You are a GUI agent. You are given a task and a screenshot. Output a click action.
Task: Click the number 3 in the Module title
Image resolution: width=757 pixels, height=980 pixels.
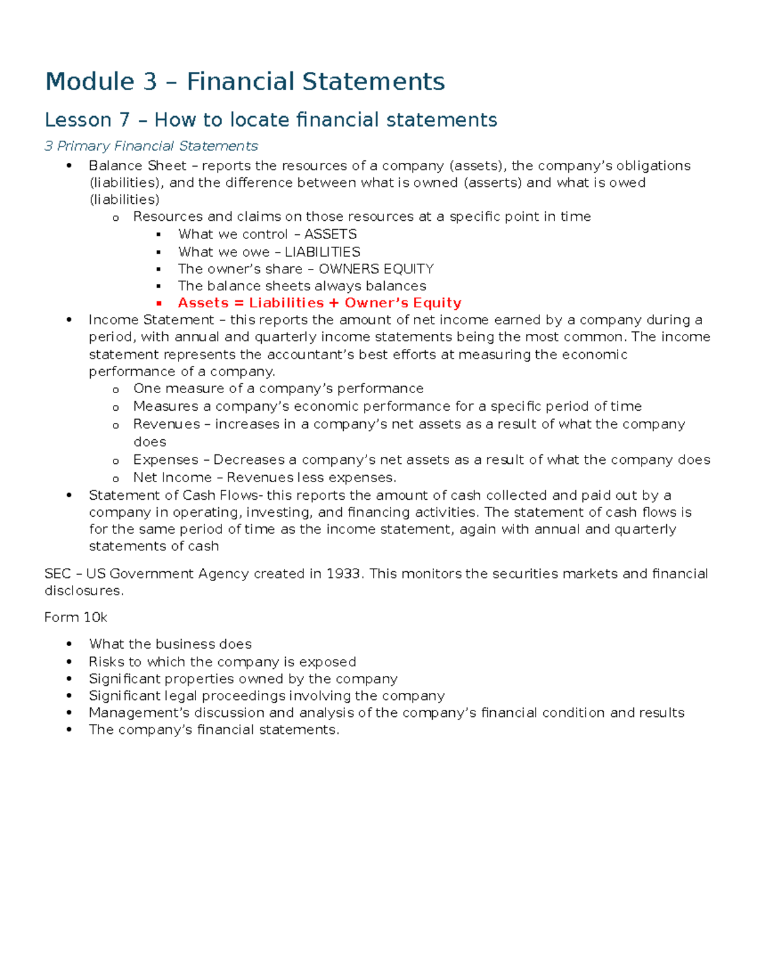click(150, 82)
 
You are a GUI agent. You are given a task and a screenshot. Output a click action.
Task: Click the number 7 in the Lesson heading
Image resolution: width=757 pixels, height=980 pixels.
click(124, 120)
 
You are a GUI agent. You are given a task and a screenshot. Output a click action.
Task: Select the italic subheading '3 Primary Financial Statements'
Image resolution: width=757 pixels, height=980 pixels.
click(151, 146)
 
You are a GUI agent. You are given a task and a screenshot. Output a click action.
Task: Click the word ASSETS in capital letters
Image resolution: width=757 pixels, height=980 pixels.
click(331, 234)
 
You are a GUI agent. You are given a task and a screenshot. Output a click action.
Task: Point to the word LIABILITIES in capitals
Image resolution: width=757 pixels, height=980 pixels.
click(322, 252)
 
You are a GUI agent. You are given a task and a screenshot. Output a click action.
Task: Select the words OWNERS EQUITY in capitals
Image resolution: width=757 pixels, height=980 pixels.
click(376, 269)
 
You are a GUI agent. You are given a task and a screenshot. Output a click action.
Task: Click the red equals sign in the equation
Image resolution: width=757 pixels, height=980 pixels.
click(238, 303)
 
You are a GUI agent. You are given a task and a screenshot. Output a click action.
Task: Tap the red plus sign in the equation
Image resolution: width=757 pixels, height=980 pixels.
click(334, 303)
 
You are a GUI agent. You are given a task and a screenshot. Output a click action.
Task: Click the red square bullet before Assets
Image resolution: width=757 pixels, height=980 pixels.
click(159, 304)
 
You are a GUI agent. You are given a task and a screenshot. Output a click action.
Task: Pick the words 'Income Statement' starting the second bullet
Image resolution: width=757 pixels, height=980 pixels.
click(151, 320)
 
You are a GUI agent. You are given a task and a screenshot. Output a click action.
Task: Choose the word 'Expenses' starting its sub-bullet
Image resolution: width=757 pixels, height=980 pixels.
click(166, 459)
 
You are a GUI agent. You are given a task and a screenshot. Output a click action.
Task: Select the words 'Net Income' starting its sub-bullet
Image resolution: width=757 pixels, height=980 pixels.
click(172, 478)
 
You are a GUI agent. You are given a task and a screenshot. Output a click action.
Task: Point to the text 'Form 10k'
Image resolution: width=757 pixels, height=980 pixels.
click(76, 617)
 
